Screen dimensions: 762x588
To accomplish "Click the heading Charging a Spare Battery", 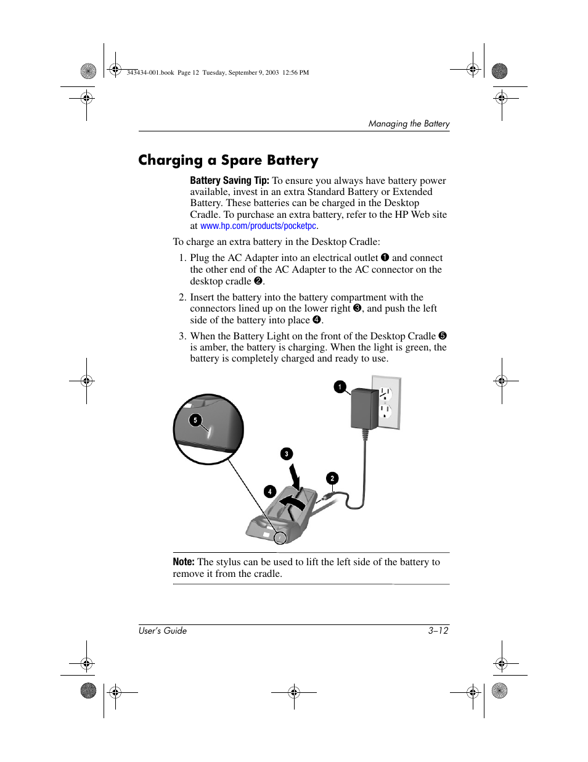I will pos(228,160).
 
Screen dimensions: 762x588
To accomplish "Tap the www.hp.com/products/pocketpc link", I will pos(258,226).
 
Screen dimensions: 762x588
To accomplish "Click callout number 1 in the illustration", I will pos(340,387).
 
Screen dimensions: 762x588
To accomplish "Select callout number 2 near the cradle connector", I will pos(332,478).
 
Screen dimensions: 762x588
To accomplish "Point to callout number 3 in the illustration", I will pos(286,454).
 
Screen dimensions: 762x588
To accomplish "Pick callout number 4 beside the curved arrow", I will pos(269,492).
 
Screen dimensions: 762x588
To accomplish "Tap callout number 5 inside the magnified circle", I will pos(195,421).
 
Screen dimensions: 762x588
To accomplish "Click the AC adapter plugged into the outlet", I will pos(364,408).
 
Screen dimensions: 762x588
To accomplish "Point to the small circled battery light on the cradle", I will pos(280,538).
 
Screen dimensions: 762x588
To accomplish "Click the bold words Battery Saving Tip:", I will pos(229,181).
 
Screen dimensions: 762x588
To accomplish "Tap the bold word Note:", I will pos(184,562).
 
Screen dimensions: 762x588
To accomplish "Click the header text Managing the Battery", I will pos(409,124).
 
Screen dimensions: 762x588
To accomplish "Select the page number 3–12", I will pos(438,631).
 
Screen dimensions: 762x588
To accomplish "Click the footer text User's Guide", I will pos(163,631).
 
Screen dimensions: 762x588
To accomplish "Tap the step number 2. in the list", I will pos(182,297).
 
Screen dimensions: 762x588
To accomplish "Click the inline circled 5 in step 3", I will pos(443,336).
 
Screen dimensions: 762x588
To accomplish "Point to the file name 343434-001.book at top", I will pos(150,73).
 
